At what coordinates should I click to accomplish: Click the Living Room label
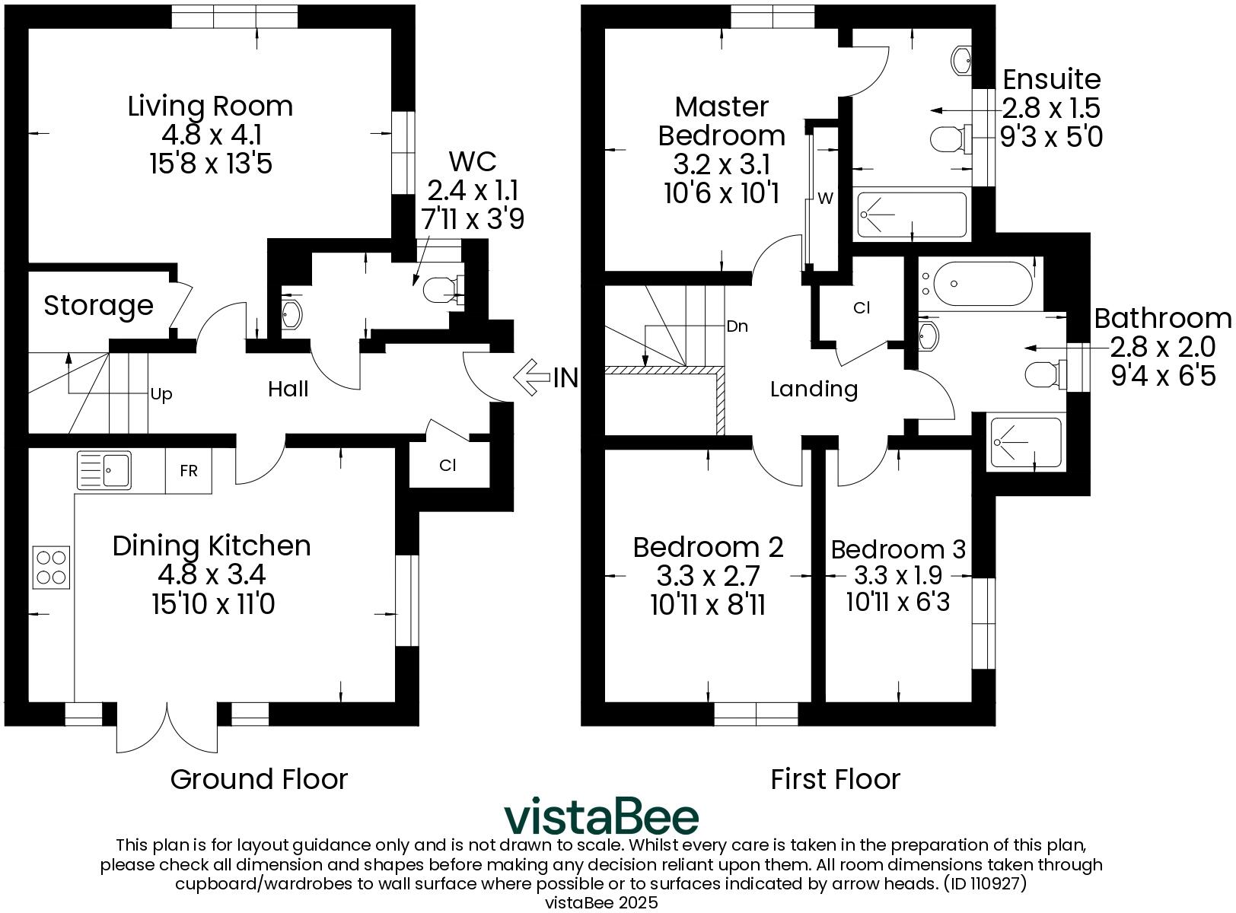210,106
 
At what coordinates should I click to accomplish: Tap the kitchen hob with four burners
51,567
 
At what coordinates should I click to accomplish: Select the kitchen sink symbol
104,469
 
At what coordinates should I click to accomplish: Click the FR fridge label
189,471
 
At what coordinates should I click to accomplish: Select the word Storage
98,306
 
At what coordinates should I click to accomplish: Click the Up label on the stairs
161,394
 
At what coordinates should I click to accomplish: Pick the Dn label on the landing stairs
737,326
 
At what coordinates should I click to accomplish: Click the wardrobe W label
825,199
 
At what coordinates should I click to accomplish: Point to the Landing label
814,390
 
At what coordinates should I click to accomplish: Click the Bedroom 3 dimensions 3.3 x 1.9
898,576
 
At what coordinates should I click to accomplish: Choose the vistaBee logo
601,816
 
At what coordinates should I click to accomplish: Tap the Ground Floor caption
259,779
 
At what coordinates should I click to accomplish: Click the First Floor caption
835,779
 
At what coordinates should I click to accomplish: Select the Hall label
288,390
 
